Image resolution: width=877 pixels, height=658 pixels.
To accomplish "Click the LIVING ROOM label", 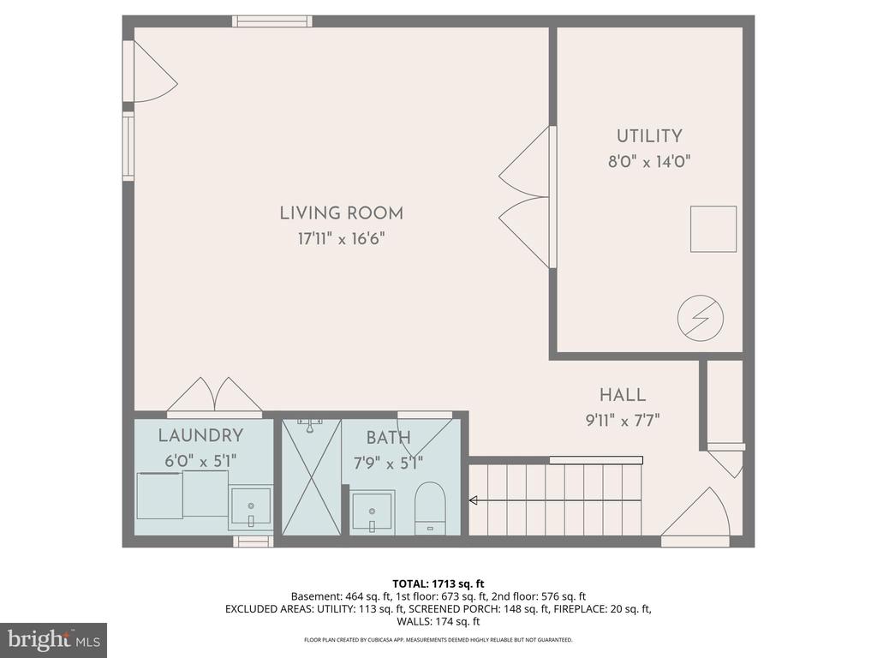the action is click(341, 213).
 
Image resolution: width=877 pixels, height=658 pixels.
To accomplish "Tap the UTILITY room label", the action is click(649, 136).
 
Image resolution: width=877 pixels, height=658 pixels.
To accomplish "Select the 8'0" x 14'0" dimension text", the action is click(649, 162).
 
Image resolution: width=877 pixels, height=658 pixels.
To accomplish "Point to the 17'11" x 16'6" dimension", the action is click(341, 239).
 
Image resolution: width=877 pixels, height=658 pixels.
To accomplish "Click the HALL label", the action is click(623, 395).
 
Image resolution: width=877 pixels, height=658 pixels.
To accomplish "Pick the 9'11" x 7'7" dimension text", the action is click(623, 420).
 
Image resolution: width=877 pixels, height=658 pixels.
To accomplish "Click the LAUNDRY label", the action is click(200, 435).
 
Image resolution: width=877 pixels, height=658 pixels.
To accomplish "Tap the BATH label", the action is click(389, 438).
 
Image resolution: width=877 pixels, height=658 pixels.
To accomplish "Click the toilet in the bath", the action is click(430, 507).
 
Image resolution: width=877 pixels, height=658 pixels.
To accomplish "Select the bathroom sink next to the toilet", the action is click(373, 511).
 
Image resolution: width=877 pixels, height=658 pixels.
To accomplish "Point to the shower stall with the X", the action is click(311, 476).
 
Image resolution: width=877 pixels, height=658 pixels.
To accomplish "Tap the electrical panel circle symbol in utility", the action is click(701, 319).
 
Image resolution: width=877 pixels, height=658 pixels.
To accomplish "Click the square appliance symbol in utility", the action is click(713, 229).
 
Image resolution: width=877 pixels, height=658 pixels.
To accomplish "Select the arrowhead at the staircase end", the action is click(473, 500).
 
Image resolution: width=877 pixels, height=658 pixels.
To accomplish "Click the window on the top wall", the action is click(272, 21).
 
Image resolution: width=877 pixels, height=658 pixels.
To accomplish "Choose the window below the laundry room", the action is click(253, 541).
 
